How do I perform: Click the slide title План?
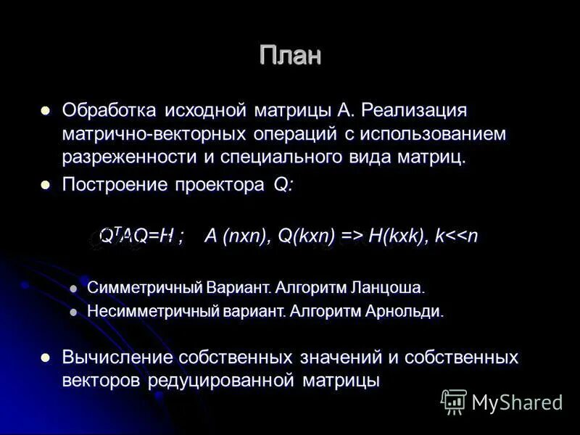pyautogui.click(x=290, y=56)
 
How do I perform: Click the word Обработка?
pyautogui.click(x=109, y=111)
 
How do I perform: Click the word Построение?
pyautogui.click(x=115, y=185)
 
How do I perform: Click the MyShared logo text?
pyautogui.click(x=516, y=401)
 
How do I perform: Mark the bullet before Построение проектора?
pyautogui.click(x=46, y=186)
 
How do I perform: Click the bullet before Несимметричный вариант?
pyautogui.click(x=72, y=312)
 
